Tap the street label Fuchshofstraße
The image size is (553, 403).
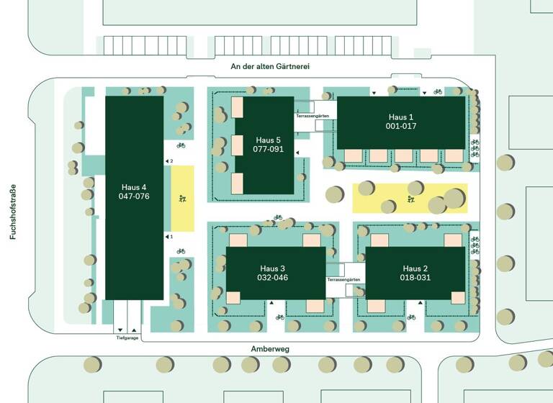click(x=13, y=212)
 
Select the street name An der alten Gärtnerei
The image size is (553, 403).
click(x=270, y=66)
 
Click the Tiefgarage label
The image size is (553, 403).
click(x=127, y=338)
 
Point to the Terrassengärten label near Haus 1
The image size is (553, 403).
click(x=313, y=116)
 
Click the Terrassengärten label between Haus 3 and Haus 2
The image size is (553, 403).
click(x=343, y=279)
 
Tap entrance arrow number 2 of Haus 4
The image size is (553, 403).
click(x=168, y=161)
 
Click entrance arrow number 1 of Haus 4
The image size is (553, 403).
click(x=167, y=237)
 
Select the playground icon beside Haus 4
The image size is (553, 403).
click(x=182, y=199)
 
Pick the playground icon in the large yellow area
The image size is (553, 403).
click(x=411, y=199)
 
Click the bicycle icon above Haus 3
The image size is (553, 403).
click(x=278, y=217)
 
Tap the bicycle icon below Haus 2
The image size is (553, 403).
click(x=411, y=317)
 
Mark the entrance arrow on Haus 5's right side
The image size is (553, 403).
click(x=297, y=153)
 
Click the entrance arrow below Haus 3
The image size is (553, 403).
click(x=271, y=302)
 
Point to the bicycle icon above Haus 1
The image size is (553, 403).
click(x=438, y=91)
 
